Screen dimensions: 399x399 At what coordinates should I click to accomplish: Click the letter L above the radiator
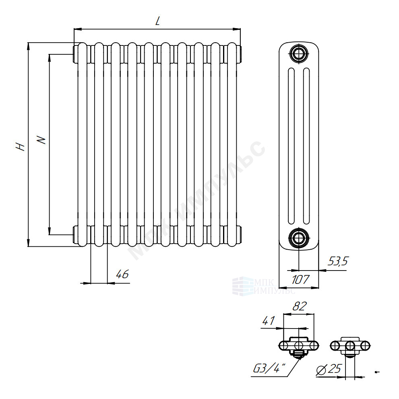158,21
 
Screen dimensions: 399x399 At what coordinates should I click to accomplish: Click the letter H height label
20,147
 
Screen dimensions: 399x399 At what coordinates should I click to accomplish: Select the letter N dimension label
41,140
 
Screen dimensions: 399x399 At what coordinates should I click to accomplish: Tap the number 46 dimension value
122,274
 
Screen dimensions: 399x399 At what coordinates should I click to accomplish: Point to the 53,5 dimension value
338,261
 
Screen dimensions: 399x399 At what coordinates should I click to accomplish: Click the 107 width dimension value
300,279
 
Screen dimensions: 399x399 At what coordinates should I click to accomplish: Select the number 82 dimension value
300,306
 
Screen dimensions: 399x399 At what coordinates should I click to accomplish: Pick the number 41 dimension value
269,321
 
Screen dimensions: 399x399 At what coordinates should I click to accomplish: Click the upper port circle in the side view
299,54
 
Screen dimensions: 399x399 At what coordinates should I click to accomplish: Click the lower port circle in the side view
299,238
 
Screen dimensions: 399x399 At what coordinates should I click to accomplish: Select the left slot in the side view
291,146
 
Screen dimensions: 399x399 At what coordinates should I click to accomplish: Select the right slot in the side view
307,146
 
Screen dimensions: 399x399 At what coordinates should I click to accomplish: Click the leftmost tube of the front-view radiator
82,145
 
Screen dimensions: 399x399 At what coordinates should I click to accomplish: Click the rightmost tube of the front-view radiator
232,145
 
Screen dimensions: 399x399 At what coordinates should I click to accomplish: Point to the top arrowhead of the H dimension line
29,46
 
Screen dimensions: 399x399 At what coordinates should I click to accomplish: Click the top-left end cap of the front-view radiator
76,54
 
